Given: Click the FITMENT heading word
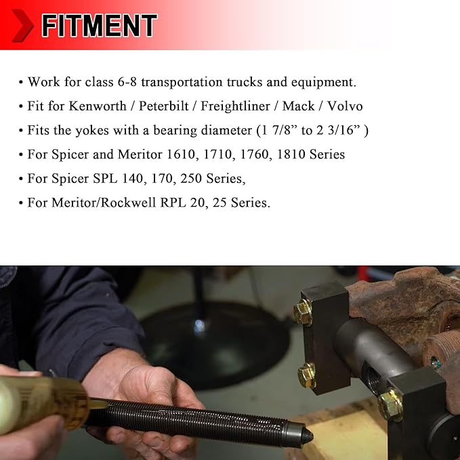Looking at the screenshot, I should click(99, 26).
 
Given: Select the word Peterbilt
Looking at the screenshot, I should click(164, 106).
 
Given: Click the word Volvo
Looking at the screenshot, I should click(344, 106).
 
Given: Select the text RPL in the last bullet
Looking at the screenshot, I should click(184, 203).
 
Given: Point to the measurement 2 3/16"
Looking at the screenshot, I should click(341, 131).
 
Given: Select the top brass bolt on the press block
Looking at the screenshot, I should click(304, 311).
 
